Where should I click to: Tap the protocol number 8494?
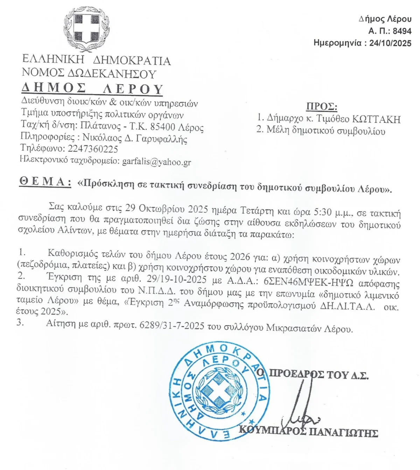click(x=402, y=31)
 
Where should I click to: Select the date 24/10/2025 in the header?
click(x=390, y=43)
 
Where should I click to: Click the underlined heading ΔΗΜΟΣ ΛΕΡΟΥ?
click(x=92, y=89)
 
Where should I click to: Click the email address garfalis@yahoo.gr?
click(x=156, y=162)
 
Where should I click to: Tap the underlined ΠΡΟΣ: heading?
click(x=322, y=106)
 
